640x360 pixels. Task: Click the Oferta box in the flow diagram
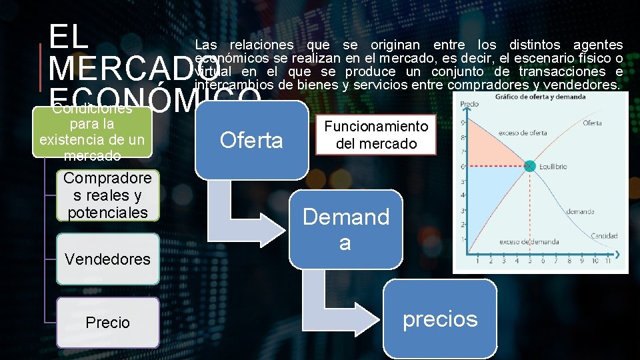pos(251,140)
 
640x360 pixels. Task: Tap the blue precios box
pos(440,319)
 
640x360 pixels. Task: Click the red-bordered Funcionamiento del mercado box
pos(376,135)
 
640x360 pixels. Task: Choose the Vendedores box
pos(107,259)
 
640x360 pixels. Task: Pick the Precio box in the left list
pos(107,323)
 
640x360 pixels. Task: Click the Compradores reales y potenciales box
pos(107,195)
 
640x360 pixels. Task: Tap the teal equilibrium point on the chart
pos(529,166)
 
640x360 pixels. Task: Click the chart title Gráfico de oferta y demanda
pos(540,97)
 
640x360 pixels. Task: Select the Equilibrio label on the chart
pos(553,167)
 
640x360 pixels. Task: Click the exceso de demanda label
pos(529,241)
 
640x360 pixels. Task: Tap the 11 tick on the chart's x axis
pos(607,261)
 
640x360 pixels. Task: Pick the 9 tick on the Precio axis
pos(463,121)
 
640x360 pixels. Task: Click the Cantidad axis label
pos(603,236)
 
